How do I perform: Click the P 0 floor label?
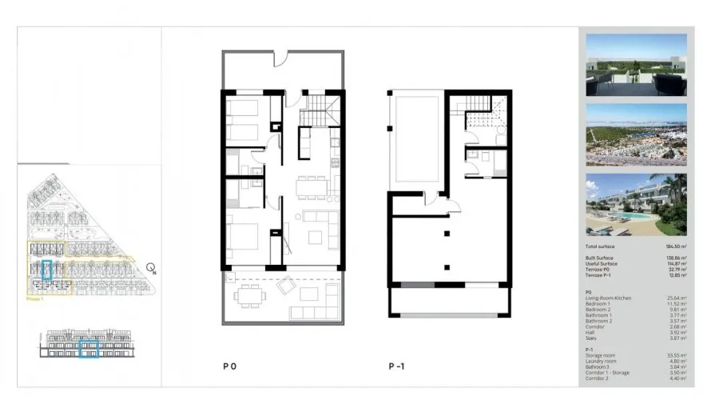[229, 366]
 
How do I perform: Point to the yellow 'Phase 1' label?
[35, 299]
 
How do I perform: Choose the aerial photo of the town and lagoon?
[635, 134]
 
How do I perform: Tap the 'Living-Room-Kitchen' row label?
[609, 298]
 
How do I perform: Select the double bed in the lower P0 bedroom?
[244, 238]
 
